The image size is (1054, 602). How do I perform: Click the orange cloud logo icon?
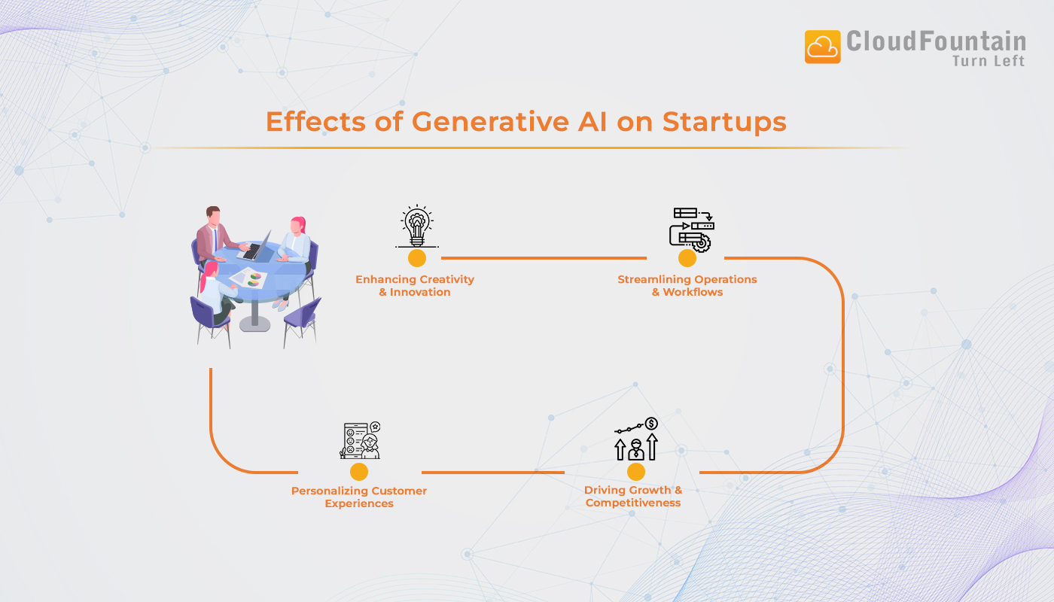[822, 47]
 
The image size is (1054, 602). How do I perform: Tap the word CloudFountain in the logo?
[936, 41]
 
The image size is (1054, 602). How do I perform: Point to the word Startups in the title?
[724, 122]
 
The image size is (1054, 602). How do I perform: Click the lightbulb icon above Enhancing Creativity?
[416, 225]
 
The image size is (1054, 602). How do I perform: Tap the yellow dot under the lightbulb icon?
[416, 258]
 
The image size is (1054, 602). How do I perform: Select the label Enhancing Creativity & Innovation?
[415, 286]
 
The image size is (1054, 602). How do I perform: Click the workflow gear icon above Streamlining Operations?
[691, 228]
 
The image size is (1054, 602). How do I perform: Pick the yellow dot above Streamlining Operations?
[687, 258]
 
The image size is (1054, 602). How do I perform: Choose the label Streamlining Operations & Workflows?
[687, 286]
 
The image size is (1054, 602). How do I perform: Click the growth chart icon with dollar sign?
[637, 439]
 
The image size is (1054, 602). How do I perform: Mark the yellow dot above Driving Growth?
[636, 472]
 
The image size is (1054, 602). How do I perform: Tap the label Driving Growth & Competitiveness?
[633, 497]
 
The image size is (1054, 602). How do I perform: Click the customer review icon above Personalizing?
[360, 440]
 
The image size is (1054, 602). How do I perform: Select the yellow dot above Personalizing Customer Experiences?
[359, 472]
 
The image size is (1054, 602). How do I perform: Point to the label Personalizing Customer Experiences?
[359, 497]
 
